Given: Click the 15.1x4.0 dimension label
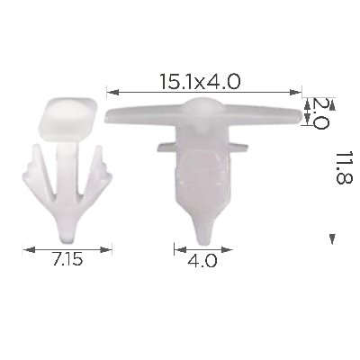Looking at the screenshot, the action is coord(200,81).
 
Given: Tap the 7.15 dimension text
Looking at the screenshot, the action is coord(67,259).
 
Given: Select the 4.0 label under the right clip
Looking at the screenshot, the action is coord(202,260).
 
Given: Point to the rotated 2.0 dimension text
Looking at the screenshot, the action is coord(320,113).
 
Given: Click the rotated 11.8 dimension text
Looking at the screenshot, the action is coord(344,167).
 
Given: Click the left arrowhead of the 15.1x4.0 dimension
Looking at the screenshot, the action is coord(112,92).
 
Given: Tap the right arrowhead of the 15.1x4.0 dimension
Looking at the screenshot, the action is coord(295,92).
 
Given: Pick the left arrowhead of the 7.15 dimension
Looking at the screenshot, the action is coord(29,249).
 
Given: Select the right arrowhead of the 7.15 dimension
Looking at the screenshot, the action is coord(105,249).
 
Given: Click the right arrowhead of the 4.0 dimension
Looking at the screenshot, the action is coord(227,249).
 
